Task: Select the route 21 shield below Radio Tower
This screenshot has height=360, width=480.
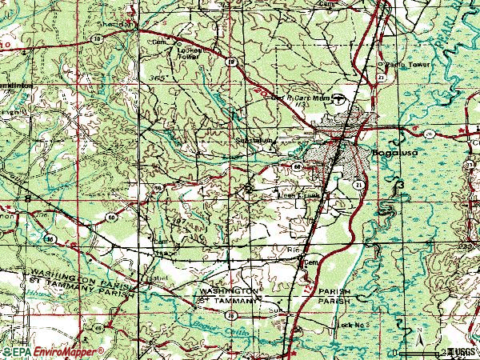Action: pyautogui.click(x=381, y=76)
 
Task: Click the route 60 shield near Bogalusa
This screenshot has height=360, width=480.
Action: pyautogui.click(x=296, y=166)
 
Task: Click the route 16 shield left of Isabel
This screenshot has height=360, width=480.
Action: pyautogui.click(x=97, y=329)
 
